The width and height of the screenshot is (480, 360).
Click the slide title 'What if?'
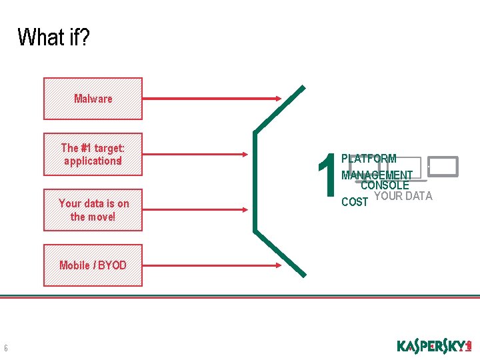coord(53,37)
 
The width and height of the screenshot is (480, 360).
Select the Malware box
coord(93,99)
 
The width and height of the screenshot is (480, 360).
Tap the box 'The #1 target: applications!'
coord(93,154)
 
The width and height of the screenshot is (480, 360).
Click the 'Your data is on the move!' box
coord(93,209)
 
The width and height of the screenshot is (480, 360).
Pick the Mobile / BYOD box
coord(93,265)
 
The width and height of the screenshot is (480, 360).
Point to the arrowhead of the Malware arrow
coord(279,99)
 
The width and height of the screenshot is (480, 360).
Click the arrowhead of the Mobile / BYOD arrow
coord(279,265)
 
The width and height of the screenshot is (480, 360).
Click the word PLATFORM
coord(369,159)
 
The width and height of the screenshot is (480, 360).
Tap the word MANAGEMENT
coord(377,175)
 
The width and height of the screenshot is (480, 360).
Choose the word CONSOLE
coord(385,185)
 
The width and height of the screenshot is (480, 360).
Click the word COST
coord(354,201)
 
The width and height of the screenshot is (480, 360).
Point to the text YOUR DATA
coord(403,196)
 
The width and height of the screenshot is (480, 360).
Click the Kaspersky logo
coord(434,346)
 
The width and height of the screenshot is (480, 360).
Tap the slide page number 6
coord(6,347)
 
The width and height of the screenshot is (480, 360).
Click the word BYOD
coord(112,265)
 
